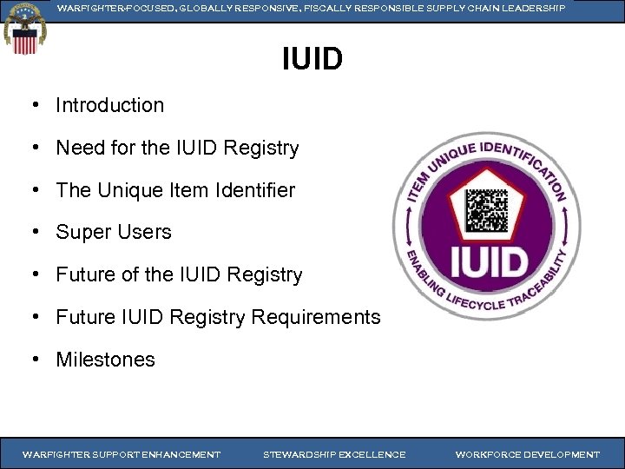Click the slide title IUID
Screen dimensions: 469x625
point(312,60)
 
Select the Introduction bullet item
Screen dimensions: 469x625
point(109,105)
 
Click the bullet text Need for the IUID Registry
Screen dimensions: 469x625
point(177,148)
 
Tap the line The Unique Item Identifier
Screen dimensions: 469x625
point(175,190)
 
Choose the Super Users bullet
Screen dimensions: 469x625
point(114,232)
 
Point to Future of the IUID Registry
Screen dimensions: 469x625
point(179,274)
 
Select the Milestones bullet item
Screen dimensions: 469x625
point(105,360)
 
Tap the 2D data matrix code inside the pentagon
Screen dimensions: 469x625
point(486,209)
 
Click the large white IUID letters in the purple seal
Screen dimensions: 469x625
point(486,261)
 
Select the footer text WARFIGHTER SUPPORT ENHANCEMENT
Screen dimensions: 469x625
point(122,454)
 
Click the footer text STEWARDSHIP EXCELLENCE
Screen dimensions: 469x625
point(334,454)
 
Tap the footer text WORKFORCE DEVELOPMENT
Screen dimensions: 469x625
point(527,454)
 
